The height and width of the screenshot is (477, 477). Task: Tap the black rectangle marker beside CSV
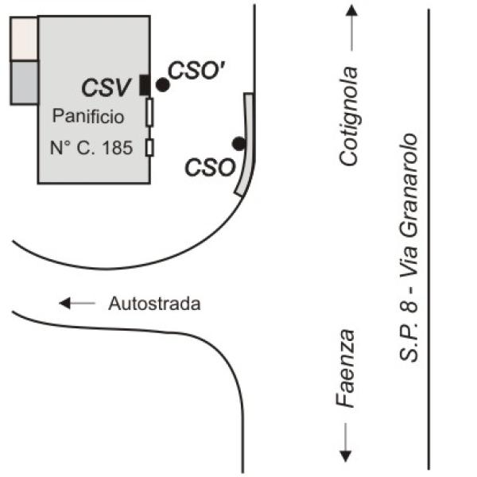pyautogui.click(x=145, y=84)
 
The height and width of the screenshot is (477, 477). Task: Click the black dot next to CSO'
pyautogui.click(x=162, y=84)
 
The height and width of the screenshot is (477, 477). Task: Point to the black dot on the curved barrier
pyautogui.click(x=238, y=143)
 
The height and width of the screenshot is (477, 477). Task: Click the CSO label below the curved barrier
pyautogui.click(x=210, y=168)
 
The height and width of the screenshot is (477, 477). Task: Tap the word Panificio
pyautogui.click(x=88, y=117)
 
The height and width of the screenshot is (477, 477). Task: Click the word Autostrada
pyautogui.click(x=154, y=304)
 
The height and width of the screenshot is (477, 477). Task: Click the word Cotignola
pyautogui.click(x=348, y=115)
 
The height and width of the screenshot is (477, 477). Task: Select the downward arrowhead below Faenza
pyautogui.click(x=346, y=456)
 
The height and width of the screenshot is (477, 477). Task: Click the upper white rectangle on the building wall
pyautogui.click(x=149, y=115)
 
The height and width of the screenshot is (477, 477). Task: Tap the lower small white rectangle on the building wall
pyautogui.click(x=149, y=147)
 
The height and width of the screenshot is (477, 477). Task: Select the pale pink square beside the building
pyautogui.click(x=24, y=38)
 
